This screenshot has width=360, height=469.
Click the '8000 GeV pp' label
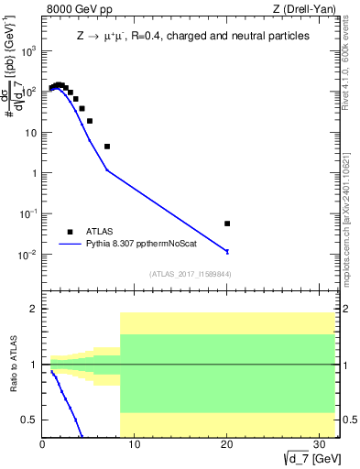75,10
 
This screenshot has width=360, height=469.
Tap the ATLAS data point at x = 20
227,224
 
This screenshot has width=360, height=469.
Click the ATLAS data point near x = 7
107,147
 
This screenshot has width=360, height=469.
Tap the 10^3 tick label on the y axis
27,51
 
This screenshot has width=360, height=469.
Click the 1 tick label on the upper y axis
33,173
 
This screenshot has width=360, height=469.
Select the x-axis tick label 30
318,445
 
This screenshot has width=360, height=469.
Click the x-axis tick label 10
135,445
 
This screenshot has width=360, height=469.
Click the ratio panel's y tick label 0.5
30,420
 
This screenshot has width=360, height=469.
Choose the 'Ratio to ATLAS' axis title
12,365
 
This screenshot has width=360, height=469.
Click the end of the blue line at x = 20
227,251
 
